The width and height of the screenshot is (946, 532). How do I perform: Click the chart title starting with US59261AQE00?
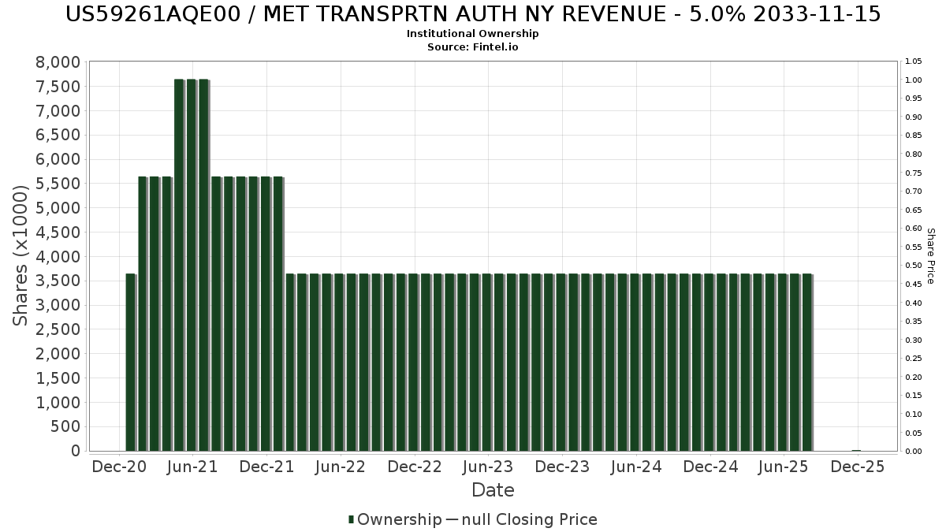pos(473,14)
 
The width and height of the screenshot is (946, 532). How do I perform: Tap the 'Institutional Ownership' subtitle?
pos(473,34)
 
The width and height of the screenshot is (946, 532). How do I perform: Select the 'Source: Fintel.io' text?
pos(473,47)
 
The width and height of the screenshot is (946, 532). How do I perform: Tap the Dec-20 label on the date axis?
pos(118,467)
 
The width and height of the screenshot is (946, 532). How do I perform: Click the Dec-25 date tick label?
pos(858,467)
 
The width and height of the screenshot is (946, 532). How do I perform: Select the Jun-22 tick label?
pos(340,467)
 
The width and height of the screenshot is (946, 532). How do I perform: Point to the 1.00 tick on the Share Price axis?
pos(914,80)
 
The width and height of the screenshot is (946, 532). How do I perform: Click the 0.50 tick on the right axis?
pos(914,266)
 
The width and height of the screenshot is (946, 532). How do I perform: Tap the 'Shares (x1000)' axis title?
pos(21,255)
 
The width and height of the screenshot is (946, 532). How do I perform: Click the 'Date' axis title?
pos(493,490)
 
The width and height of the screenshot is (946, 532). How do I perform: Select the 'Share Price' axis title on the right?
pos(930,255)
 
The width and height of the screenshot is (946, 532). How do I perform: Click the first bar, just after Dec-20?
pos(130,363)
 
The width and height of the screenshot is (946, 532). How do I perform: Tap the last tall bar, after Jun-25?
pos(806,363)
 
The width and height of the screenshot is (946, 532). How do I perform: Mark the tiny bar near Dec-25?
pos(856,451)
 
